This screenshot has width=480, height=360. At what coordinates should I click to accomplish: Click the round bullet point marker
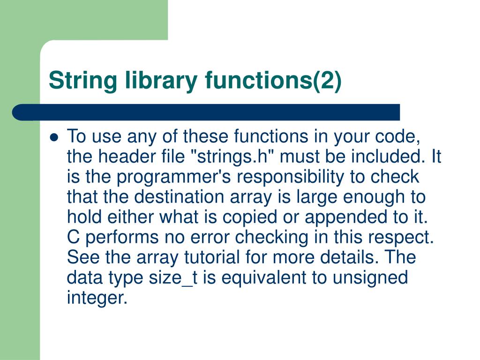coord(54,138)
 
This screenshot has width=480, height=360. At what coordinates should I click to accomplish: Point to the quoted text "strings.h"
coord(234,157)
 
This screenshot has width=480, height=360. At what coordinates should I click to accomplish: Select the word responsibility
coord(298,177)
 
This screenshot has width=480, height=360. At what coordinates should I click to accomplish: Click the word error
coord(209,237)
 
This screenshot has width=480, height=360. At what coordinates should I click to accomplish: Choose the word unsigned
coord(370,277)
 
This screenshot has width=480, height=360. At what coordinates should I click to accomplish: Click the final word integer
coord(97,298)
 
